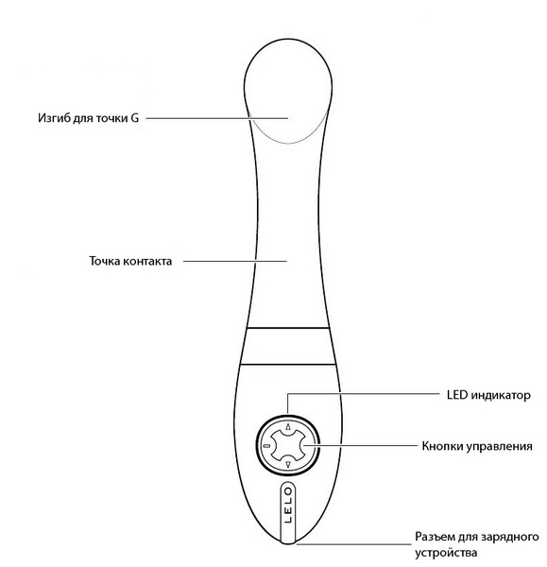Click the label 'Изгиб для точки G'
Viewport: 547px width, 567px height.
click(x=88, y=118)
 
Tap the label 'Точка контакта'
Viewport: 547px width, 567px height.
click(x=130, y=261)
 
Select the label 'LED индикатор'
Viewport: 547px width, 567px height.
click(x=488, y=395)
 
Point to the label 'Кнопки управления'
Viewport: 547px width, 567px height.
click(x=477, y=447)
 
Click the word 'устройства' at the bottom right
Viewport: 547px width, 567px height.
click(x=446, y=553)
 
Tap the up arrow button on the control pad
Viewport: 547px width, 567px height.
click(x=288, y=427)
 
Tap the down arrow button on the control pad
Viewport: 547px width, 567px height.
click(x=288, y=464)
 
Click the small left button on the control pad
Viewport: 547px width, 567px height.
click(x=267, y=445)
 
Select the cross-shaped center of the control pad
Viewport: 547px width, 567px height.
click(x=288, y=445)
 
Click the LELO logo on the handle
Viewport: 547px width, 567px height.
click(x=288, y=506)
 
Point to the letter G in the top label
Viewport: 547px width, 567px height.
click(x=135, y=118)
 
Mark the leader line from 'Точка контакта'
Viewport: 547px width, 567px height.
click(x=235, y=261)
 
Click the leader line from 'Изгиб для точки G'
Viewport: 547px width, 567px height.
click(x=217, y=118)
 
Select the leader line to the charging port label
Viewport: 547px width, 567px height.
click(x=354, y=544)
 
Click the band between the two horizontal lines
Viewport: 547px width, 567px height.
click(x=288, y=346)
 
